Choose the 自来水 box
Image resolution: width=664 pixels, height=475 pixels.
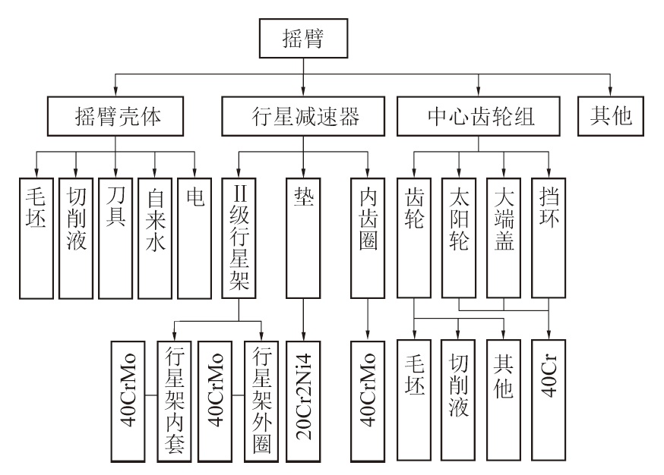[153, 237]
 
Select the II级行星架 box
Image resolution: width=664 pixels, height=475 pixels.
[237, 237]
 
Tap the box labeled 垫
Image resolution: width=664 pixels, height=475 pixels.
[303, 237]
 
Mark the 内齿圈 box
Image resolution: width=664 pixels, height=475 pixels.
[369, 237]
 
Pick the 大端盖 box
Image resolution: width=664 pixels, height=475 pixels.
[503, 237]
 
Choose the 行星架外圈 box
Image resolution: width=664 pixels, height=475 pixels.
[261, 400]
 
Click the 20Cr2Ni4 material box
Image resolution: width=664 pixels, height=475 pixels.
[303, 400]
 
